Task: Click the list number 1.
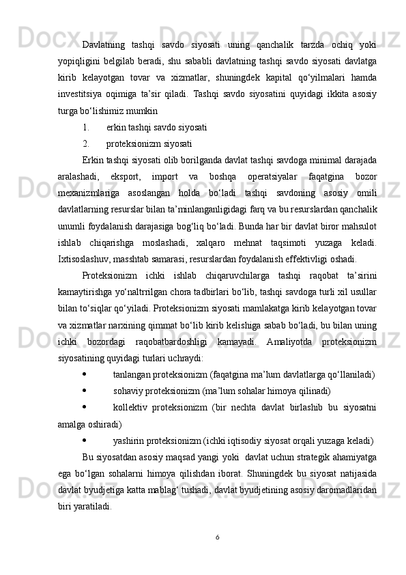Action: (x=85, y=127)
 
